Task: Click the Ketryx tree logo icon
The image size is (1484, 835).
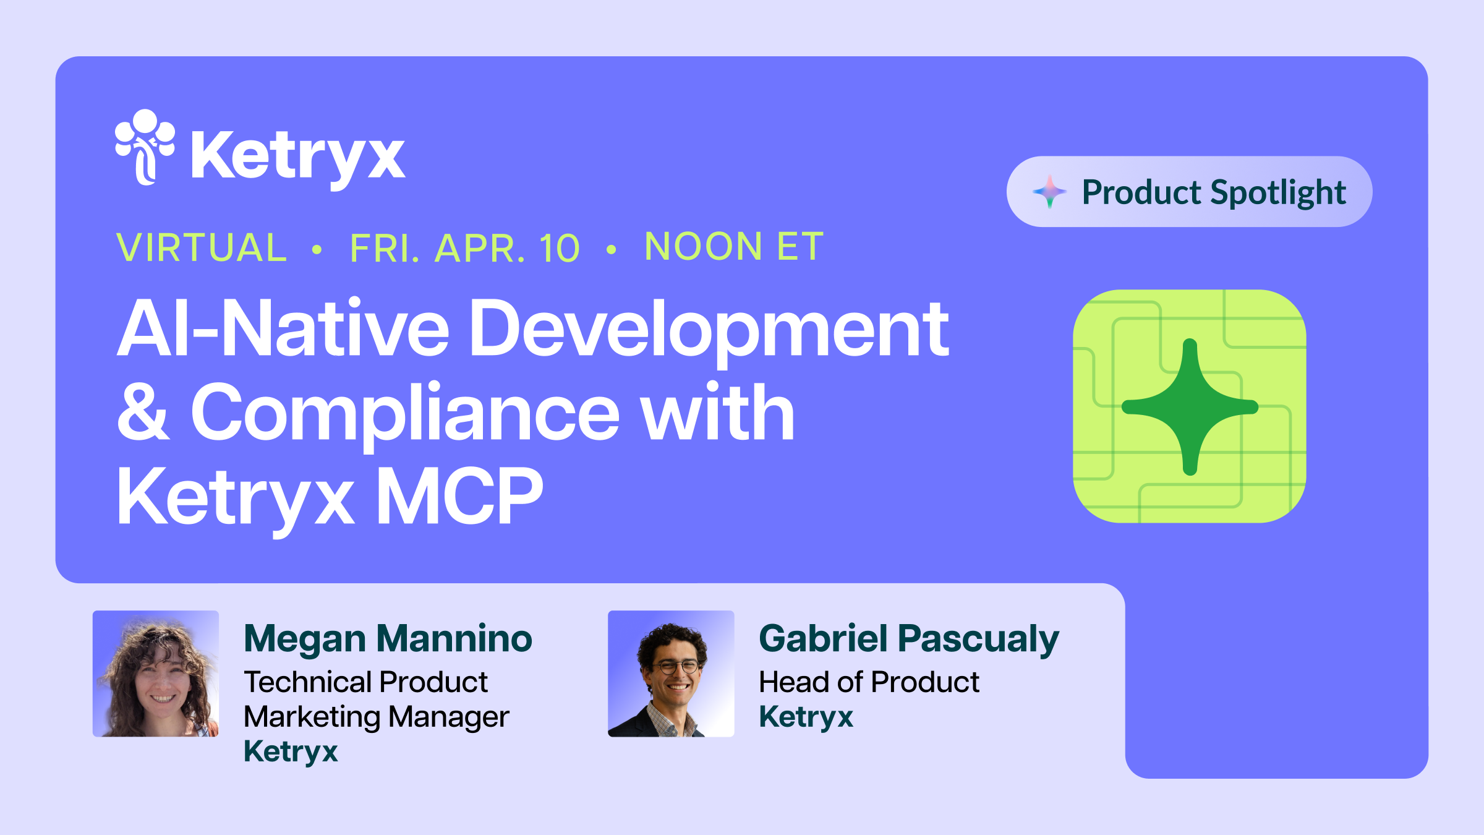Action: [145, 147]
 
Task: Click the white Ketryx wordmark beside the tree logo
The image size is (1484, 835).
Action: [298, 156]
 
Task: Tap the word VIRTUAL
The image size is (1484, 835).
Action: [202, 247]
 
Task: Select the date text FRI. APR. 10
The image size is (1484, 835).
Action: [465, 248]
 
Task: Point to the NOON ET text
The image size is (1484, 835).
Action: [734, 246]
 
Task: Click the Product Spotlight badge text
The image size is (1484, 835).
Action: [1214, 192]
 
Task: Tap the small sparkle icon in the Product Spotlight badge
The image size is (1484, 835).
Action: [1049, 192]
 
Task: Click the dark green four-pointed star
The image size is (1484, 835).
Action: [1190, 406]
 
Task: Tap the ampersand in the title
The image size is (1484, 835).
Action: [143, 413]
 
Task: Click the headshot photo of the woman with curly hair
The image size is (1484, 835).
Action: [156, 674]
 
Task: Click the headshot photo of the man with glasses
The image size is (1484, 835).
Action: [671, 674]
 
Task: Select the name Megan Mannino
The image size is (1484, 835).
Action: [388, 638]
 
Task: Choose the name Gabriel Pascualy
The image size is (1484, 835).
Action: [908, 638]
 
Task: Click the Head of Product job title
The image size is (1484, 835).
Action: [869, 682]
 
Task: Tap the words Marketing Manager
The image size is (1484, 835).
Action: [376, 717]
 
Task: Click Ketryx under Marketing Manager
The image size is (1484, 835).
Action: [291, 751]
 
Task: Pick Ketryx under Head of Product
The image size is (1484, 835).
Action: [806, 717]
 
